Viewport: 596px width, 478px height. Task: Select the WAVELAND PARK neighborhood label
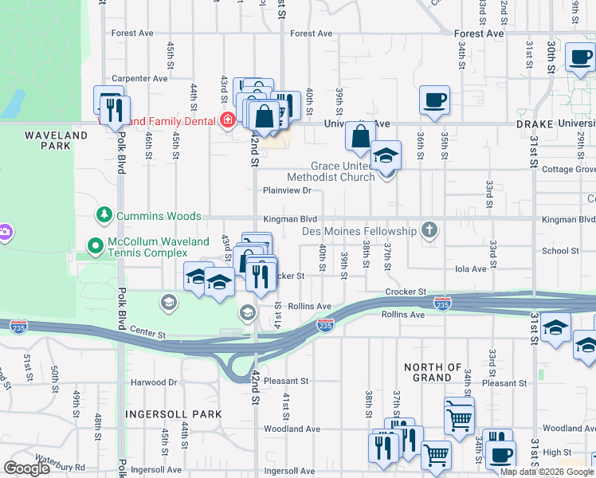point(56,141)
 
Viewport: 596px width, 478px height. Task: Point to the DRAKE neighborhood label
point(534,124)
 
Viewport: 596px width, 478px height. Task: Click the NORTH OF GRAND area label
point(433,372)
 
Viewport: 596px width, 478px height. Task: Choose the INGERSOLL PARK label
point(173,414)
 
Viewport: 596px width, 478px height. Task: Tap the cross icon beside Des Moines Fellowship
point(429,231)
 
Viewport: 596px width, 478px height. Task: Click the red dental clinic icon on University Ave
point(228,120)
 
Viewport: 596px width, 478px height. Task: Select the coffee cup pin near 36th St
point(435,101)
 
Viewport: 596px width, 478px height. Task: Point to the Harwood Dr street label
point(155,382)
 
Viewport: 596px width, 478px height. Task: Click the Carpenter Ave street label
point(140,79)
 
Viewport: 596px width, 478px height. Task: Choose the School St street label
point(561,251)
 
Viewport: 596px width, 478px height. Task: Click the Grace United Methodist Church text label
point(331,171)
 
